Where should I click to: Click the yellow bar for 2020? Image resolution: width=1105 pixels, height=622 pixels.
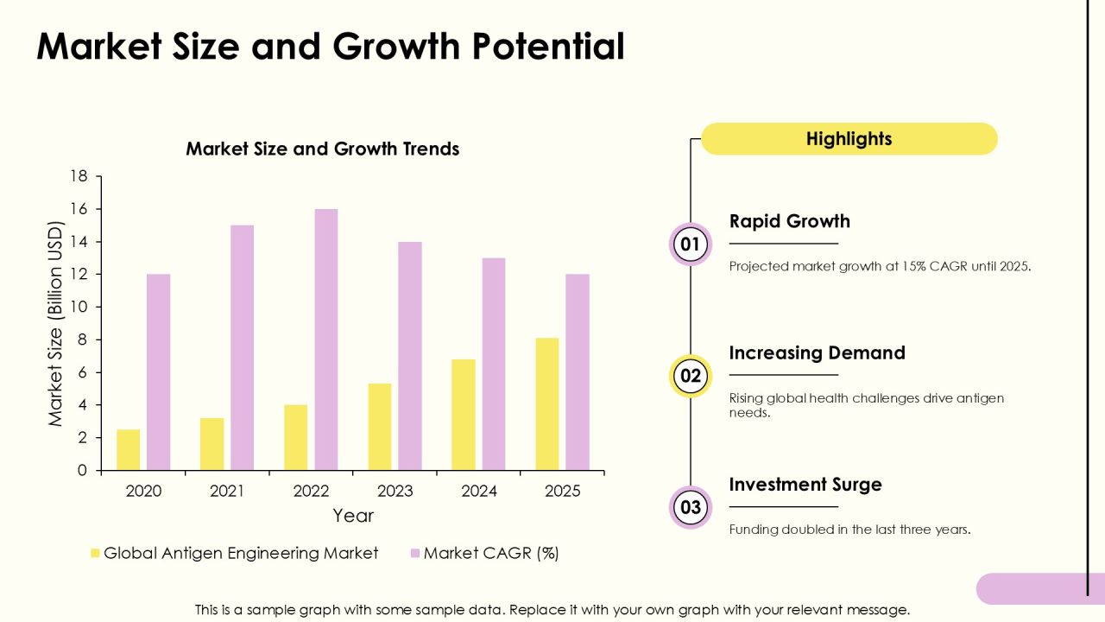click(129, 450)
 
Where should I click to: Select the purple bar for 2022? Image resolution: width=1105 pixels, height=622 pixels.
click(326, 340)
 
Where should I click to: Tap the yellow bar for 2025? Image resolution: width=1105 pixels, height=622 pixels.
click(547, 403)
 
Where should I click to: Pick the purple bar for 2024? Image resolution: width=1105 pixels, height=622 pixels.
click(493, 364)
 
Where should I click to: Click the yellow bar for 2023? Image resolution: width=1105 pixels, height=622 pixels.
click(379, 427)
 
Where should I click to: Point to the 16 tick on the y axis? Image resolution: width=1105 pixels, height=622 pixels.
click(79, 209)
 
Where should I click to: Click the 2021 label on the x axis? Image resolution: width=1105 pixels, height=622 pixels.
click(227, 492)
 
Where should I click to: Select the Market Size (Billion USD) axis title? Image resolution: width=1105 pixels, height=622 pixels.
click(55, 323)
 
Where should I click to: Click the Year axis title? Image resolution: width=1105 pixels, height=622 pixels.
click(353, 516)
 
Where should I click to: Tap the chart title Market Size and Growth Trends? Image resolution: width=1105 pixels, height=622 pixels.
click(323, 149)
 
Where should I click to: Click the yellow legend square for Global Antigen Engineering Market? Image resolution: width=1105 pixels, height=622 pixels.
click(95, 553)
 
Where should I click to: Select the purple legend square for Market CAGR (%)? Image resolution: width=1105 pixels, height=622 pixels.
click(415, 553)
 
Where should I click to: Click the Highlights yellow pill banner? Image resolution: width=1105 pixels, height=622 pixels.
click(849, 139)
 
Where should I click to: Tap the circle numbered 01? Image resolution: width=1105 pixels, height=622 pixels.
click(690, 244)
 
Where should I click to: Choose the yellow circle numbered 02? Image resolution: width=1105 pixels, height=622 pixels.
click(690, 376)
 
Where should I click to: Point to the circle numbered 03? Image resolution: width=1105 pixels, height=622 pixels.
click(690, 507)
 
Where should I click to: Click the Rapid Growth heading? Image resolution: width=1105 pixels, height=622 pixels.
click(790, 221)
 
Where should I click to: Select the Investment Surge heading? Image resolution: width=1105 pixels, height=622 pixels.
click(805, 485)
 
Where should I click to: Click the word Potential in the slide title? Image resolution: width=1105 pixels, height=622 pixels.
click(548, 47)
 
